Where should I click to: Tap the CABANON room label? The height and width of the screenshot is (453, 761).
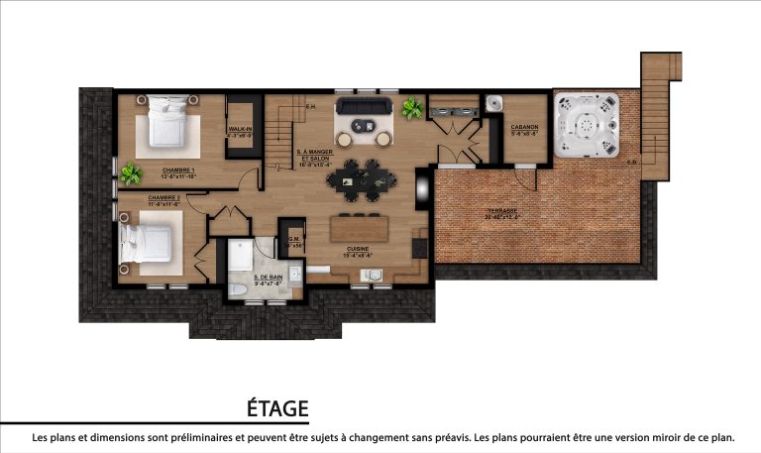[524, 128]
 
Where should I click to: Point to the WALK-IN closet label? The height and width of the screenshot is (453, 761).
[240, 130]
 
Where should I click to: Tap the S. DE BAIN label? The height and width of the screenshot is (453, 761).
[268, 279]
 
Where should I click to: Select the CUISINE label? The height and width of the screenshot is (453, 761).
[359, 249]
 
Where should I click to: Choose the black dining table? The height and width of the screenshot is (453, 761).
[364, 179]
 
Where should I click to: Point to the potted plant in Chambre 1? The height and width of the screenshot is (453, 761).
[130, 175]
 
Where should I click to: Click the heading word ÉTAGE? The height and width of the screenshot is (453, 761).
[277, 409]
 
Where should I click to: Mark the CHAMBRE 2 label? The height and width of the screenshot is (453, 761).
[163, 198]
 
